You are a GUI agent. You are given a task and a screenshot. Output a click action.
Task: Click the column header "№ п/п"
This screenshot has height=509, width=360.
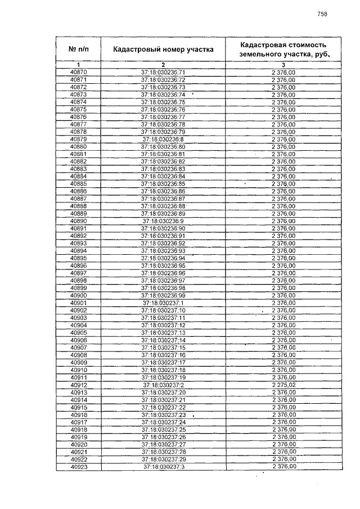tap(78, 49)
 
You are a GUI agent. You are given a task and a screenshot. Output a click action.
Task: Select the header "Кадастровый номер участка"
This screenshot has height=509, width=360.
tap(163, 49)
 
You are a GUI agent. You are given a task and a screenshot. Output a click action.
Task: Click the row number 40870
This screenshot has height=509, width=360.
tap(78, 73)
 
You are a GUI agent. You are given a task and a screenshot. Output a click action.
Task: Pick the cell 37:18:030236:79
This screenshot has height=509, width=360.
tap(163, 132)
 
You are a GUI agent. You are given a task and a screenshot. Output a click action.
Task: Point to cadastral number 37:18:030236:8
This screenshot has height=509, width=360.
tap(163, 139)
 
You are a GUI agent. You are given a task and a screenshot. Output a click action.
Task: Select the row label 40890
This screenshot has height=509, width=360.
tap(78, 221)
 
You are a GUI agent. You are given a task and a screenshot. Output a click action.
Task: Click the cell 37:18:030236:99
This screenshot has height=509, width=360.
tap(163, 295)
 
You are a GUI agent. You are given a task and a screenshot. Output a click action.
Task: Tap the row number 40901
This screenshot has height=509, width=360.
tap(78, 303)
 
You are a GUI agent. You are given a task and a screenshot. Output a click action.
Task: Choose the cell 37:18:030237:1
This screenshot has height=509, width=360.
tap(163, 303)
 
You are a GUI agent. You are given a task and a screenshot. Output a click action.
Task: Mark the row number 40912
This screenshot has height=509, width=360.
tap(78, 385)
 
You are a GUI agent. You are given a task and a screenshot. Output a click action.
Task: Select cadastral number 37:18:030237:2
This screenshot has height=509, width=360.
tap(163, 385)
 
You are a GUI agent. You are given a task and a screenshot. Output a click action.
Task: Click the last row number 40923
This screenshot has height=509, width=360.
tap(78, 467)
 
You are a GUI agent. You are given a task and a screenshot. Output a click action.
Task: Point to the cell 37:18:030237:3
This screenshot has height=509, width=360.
tap(163, 467)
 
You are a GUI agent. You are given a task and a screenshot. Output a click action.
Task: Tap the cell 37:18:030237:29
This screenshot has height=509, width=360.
tap(163, 460)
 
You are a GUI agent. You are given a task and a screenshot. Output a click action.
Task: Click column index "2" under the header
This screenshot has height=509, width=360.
tap(163, 65)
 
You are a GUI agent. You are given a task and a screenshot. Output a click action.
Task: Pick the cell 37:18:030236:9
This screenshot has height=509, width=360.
tap(163, 221)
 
